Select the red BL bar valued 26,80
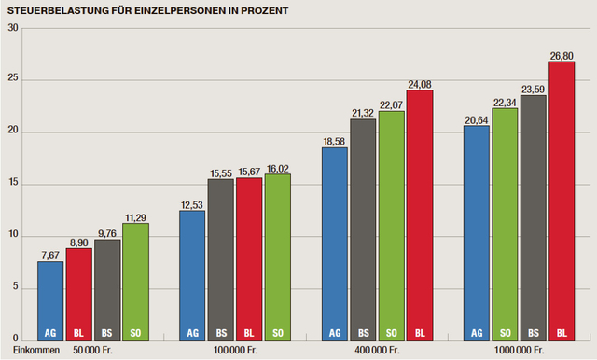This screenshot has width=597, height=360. tap(562, 200)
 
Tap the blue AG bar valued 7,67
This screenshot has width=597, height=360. tap(51, 299)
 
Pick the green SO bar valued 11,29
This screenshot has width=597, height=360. tap(136, 281)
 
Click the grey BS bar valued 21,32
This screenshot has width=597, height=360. tap(363, 228)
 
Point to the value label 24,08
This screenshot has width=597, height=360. tap(419, 83)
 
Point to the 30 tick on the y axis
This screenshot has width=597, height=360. tap(13, 27)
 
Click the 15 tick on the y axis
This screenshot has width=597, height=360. tap(13, 183)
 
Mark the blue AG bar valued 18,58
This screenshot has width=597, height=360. tap(335, 242)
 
